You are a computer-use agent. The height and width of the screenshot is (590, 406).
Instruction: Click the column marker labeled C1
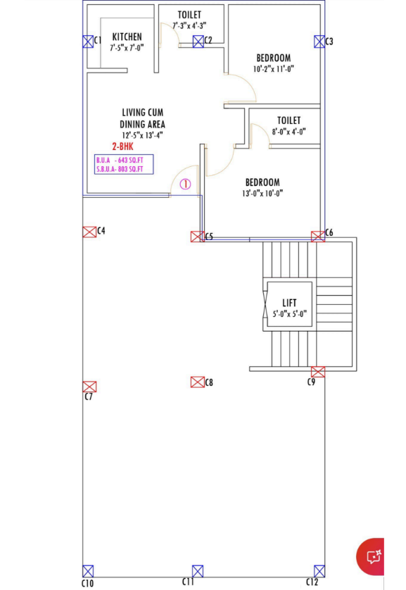click(88, 42)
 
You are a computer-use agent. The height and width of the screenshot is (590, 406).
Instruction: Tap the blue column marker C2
click(198, 42)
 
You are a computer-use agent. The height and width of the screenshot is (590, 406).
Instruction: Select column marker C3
click(319, 42)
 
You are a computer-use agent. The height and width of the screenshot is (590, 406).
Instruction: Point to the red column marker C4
click(89, 232)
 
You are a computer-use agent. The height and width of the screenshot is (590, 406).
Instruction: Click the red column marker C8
click(197, 382)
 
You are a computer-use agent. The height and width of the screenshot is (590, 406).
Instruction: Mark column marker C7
click(89, 387)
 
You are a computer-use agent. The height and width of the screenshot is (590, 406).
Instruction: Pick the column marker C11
click(198, 571)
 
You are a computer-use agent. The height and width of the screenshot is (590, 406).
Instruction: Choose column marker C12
click(319, 571)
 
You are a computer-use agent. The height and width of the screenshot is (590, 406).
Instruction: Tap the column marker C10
click(88, 571)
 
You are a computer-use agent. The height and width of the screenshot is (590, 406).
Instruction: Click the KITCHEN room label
click(127, 37)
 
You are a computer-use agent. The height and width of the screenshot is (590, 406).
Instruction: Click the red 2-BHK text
click(122, 146)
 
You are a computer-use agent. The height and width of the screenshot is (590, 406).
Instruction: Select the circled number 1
click(185, 184)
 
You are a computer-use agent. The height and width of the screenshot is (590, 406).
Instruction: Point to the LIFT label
click(289, 303)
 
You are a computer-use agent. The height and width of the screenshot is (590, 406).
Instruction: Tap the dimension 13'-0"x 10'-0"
click(262, 194)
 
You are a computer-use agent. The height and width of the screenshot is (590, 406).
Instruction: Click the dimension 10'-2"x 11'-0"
click(273, 69)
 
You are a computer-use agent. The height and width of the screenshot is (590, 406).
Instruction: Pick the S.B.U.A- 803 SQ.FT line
click(120, 169)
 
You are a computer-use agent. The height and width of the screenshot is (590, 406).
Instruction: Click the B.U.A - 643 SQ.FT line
click(120, 161)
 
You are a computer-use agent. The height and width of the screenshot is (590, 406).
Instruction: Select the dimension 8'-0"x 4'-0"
click(288, 132)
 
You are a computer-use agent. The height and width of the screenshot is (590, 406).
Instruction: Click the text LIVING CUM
click(142, 113)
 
